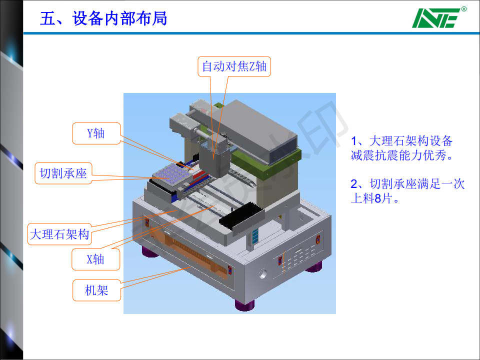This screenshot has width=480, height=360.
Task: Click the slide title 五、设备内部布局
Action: point(104,18)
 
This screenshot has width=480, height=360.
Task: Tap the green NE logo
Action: point(436,18)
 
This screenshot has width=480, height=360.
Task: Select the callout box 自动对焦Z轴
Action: point(234,66)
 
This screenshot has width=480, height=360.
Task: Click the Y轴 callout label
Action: point(96,133)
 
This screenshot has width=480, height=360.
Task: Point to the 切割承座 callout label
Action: point(63,173)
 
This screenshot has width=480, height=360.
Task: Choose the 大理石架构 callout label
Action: point(59,234)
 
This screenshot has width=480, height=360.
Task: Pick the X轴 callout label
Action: point(95,259)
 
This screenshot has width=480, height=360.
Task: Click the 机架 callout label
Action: point(96,290)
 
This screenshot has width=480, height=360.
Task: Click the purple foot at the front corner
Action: point(244,305)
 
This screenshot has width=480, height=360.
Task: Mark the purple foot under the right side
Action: point(314,267)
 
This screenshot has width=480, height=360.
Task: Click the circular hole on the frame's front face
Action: point(262,273)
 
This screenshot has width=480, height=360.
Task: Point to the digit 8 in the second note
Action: point(378,198)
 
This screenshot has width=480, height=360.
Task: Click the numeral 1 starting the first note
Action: point(354,141)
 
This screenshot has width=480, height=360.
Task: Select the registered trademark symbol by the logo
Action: point(464,9)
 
